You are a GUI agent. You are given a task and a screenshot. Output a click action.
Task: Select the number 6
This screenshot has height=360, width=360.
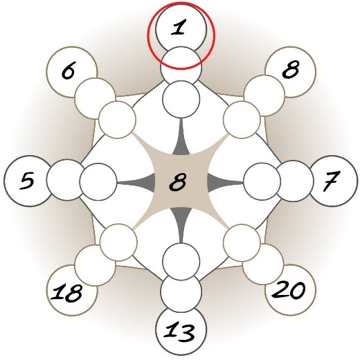[x=69, y=72]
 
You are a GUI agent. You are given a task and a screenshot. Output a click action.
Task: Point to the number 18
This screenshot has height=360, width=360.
[x=66, y=293]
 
